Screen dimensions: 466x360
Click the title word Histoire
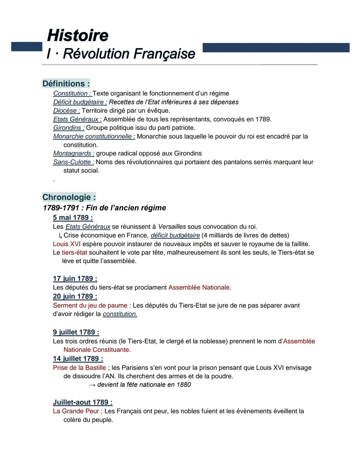tap(78, 35)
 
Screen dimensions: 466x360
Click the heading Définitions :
tap(66, 83)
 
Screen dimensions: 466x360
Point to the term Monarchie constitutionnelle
tap(94, 136)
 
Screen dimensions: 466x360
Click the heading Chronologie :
tap(69, 197)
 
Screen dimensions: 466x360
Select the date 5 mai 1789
tap(73, 217)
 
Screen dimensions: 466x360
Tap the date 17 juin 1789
tap(75, 279)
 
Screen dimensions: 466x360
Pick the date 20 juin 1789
tap(75, 296)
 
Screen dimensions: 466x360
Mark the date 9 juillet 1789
tap(76, 332)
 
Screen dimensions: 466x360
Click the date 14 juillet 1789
tap(78, 359)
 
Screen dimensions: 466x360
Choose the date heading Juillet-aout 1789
tap(83, 402)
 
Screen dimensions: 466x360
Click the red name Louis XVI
tap(67, 244)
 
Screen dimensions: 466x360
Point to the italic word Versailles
tap(172, 227)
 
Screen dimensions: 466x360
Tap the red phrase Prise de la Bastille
tap(79, 368)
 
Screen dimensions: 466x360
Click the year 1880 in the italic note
tap(184, 385)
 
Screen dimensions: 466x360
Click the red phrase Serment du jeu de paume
tap(90, 305)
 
